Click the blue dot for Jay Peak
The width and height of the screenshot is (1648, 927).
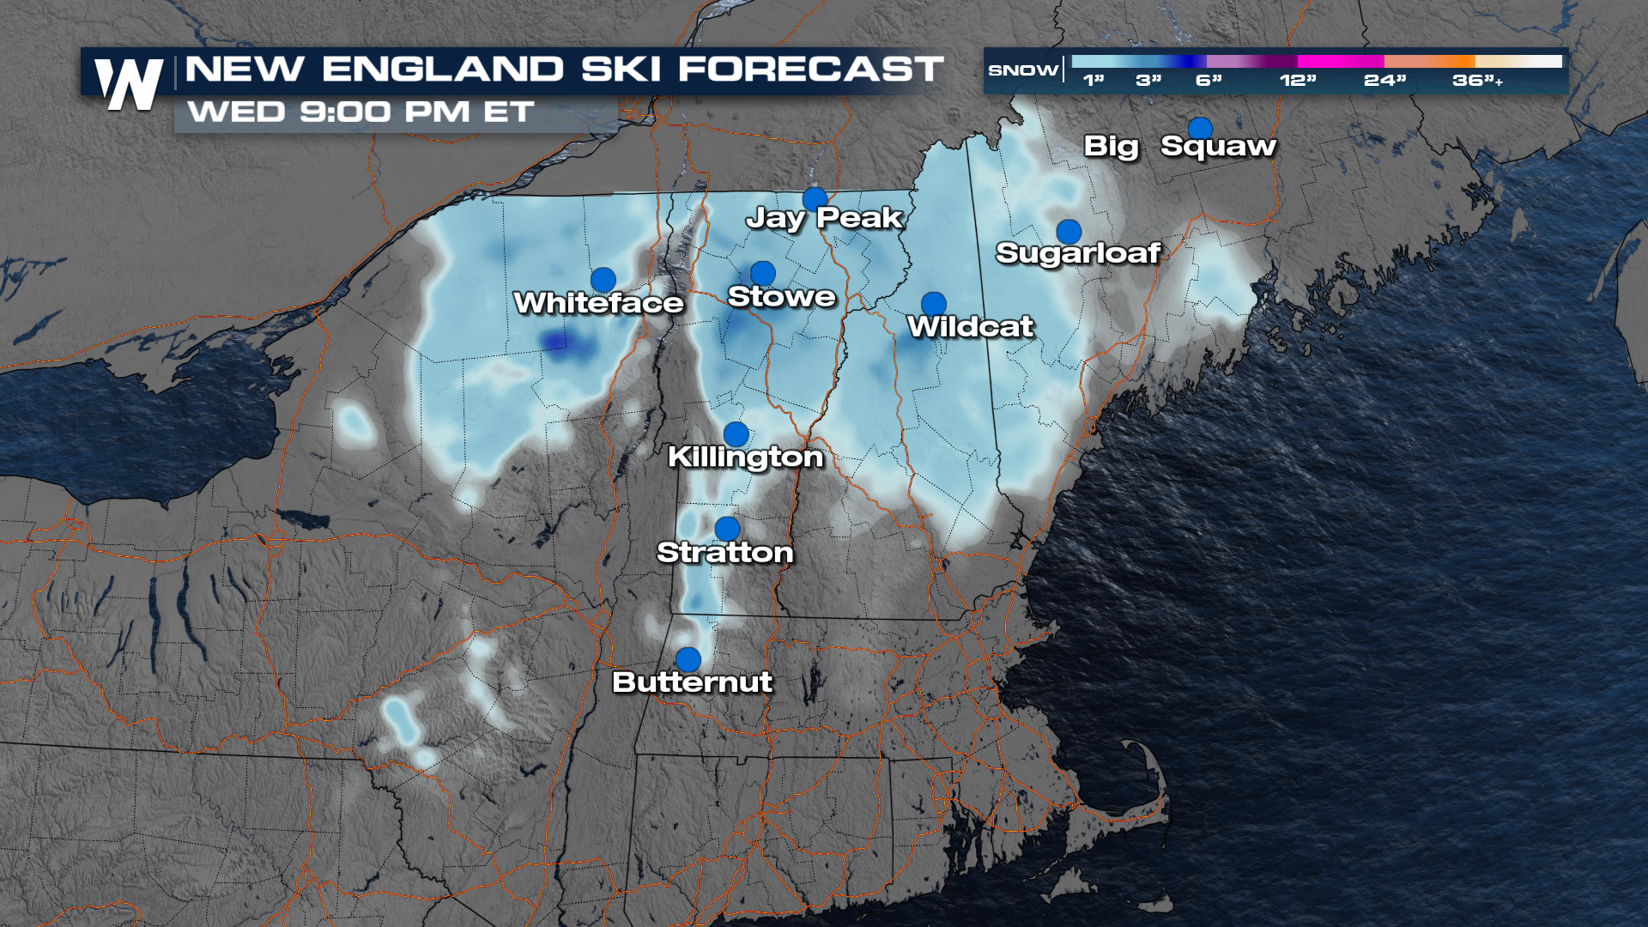point(815,199)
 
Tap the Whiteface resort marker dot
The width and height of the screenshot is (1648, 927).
point(603,280)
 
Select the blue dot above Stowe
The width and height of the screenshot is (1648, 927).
point(762,274)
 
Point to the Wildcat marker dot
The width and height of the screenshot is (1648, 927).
point(934,304)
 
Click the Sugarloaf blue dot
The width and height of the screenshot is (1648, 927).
point(1069,232)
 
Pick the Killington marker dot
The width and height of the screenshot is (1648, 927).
point(736,434)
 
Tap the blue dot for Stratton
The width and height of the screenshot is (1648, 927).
point(727,529)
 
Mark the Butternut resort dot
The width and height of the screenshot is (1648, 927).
point(688,659)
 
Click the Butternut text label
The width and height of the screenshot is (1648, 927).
point(692,682)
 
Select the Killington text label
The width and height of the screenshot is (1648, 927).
point(745,457)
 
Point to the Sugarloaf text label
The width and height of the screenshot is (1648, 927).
point(1078,253)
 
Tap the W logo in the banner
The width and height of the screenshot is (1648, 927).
point(129,84)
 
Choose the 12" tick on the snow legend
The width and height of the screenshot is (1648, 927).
point(1297,81)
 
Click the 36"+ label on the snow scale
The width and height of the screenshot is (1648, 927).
point(1477,81)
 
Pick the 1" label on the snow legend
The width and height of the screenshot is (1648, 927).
point(1093,81)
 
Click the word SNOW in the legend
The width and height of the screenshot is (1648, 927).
point(1023,70)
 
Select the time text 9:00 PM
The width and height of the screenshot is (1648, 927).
point(385,112)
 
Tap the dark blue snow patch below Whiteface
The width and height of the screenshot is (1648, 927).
point(557,342)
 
